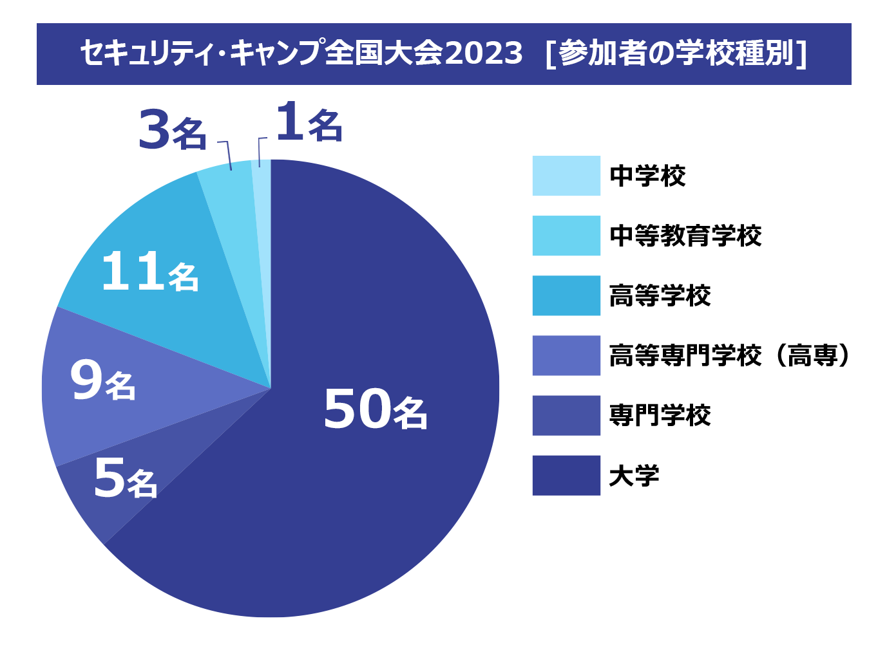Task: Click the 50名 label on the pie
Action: [375, 409]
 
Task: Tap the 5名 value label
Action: [125, 479]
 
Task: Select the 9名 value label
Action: [103, 382]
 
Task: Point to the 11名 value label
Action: [149, 272]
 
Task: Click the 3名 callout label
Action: [172, 131]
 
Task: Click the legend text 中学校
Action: [647, 176]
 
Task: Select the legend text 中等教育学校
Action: [685, 236]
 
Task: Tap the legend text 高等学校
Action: [660, 296]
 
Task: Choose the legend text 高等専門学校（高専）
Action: [730, 355]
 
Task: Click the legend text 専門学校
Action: [660, 416]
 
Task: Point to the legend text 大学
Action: [634, 476]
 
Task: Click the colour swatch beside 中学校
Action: [566, 176]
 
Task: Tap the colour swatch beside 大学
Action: [566, 476]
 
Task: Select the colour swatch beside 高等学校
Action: [566, 296]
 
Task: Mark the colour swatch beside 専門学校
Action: [566, 416]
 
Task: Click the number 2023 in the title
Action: [483, 53]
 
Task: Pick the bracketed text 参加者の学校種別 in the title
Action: [676, 53]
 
